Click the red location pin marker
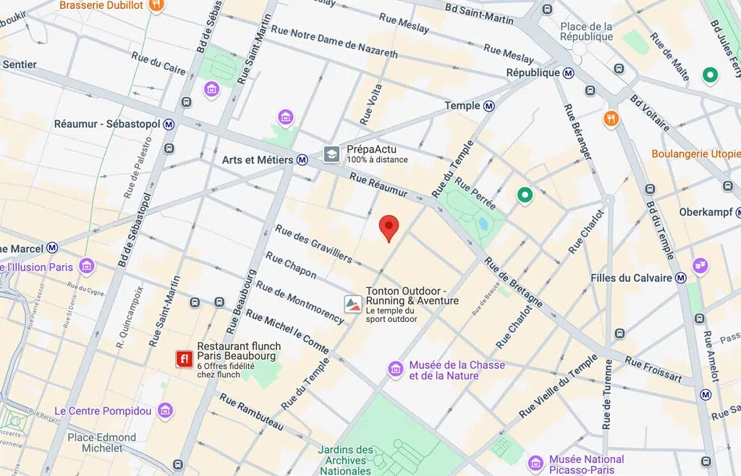click(389, 227)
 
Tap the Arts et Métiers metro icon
click(302, 160)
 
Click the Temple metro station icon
click(489, 106)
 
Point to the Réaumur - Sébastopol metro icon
click(169, 124)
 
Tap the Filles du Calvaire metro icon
click(680, 278)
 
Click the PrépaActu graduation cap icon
click(331, 154)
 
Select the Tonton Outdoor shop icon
click(352, 302)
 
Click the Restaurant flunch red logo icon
click(185, 358)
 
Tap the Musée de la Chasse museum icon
click(395, 370)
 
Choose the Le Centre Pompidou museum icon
click(166, 411)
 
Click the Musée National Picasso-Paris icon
click(535, 462)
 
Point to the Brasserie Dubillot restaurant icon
click(156, 6)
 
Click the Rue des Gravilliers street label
click(313, 244)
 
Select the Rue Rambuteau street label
click(251, 413)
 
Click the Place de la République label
click(586, 32)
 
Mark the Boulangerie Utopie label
click(695, 154)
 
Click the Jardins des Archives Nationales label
click(345, 460)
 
